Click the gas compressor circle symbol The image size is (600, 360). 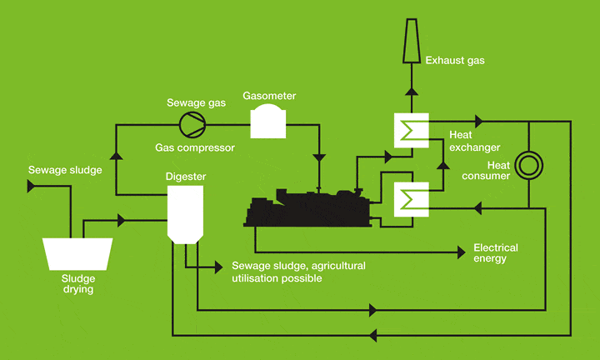tap(192, 124)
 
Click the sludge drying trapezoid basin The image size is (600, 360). tap(77, 253)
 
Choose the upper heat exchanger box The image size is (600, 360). tap(410, 132)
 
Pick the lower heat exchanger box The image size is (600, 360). tap(410, 201)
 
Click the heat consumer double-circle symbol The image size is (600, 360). tap(528, 165)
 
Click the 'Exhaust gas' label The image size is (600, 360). tap(454, 60)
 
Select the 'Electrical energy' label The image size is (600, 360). tap(495, 253)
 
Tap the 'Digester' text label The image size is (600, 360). tap(185, 176)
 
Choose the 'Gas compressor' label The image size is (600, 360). tap(194, 148)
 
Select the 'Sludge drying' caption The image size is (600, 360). tap(77, 284)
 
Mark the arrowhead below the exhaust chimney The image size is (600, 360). tap(411, 93)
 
